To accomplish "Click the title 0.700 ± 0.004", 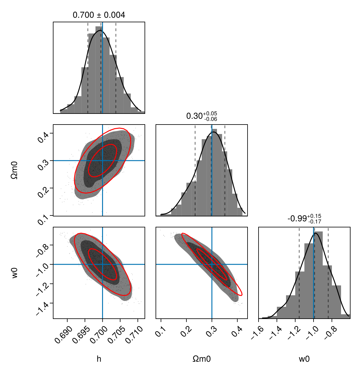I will pyautogui.click(x=99, y=15).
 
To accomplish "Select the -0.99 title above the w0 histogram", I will pyautogui.click(x=304, y=219).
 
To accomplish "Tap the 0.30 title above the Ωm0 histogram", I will pyautogui.click(x=202, y=116).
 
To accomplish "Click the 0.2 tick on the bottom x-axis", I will pyautogui.click(x=185, y=331).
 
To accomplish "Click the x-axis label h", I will pyautogui.click(x=99, y=359).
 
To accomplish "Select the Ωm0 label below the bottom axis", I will pyautogui.click(x=202, y=359).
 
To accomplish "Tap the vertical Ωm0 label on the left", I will pyautogui.click(x=15, y=170).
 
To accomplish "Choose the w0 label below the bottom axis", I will pyautogui.click(x=304, y=359).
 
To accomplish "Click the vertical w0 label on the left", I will pyautogui.click(x=15, y=273).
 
